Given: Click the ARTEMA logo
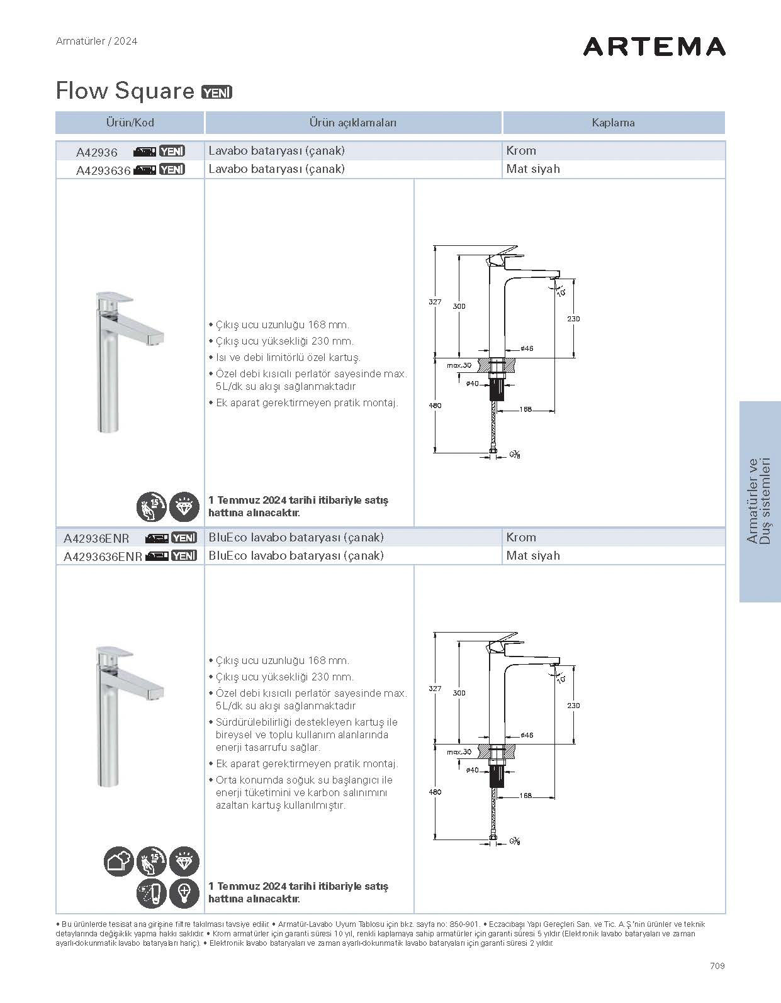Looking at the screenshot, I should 654,47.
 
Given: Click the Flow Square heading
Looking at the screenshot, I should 125,91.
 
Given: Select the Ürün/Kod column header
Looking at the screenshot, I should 130,123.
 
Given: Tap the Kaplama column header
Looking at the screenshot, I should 613,123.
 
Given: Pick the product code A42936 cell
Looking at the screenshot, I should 97,152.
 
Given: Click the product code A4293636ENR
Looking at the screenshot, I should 103,557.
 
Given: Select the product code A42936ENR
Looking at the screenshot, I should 96,538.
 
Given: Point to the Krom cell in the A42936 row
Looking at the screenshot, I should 521,151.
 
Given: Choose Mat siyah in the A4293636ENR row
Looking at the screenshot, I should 532,556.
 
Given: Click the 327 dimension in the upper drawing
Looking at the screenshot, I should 435,302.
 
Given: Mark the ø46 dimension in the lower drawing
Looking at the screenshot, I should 527,735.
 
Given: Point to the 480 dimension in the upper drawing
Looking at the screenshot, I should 435,406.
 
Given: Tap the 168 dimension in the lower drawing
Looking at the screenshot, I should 525,795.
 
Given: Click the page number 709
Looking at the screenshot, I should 716,965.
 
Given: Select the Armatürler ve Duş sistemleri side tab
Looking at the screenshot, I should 760,501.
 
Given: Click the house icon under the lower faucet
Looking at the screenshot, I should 118,862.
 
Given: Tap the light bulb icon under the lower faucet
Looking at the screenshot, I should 184,893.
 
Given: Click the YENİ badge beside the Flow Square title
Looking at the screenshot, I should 216,92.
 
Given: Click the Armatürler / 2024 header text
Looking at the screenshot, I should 96,42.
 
